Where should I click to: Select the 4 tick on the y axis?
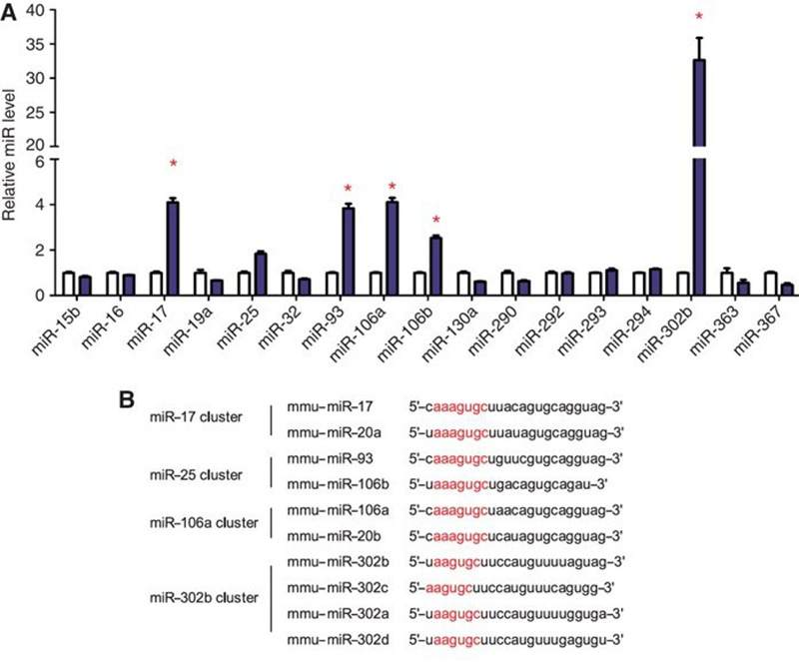[46, 205]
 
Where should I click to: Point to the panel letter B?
[126, 398]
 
